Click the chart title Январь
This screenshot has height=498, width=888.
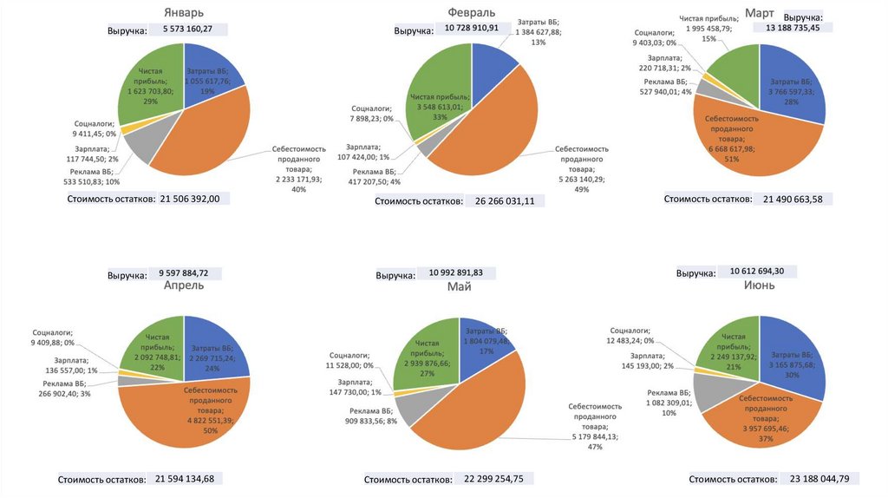point(184,12)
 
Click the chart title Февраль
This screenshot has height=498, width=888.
point(472,12)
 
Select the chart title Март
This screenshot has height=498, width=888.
point(760,13)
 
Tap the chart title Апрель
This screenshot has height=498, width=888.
point(184,285)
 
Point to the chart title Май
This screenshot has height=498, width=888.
point(460,286)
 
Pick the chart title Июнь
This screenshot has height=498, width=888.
point(760,285)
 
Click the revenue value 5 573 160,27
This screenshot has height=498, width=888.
point(193,29)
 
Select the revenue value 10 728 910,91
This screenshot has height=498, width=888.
point(472,28)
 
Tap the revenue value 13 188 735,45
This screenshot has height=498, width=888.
point(793,27)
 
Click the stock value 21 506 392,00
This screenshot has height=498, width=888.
point(190,199)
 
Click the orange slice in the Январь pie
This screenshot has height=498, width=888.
point(208,139)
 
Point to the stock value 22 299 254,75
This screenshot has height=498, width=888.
point(493,478)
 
